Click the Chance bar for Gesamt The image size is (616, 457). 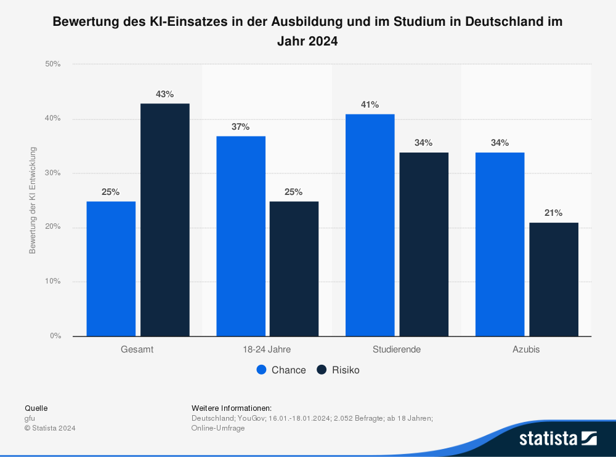111,269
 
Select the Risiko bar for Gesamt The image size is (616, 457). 165,220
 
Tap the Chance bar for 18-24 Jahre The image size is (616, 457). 241,236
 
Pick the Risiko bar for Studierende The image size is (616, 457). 423,244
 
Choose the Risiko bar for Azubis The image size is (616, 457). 553,279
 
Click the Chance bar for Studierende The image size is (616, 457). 370,225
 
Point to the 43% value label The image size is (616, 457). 165,94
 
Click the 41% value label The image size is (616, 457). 370,105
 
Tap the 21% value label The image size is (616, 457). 553,213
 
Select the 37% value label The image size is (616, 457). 241,127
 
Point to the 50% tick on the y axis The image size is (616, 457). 53,64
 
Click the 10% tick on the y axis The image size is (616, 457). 53,282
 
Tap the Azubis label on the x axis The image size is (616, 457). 526,349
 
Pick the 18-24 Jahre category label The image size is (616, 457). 267,349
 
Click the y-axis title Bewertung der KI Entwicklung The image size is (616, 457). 33,201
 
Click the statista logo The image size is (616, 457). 557,438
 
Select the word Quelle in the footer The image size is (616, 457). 36,408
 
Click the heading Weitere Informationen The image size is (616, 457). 232,408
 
